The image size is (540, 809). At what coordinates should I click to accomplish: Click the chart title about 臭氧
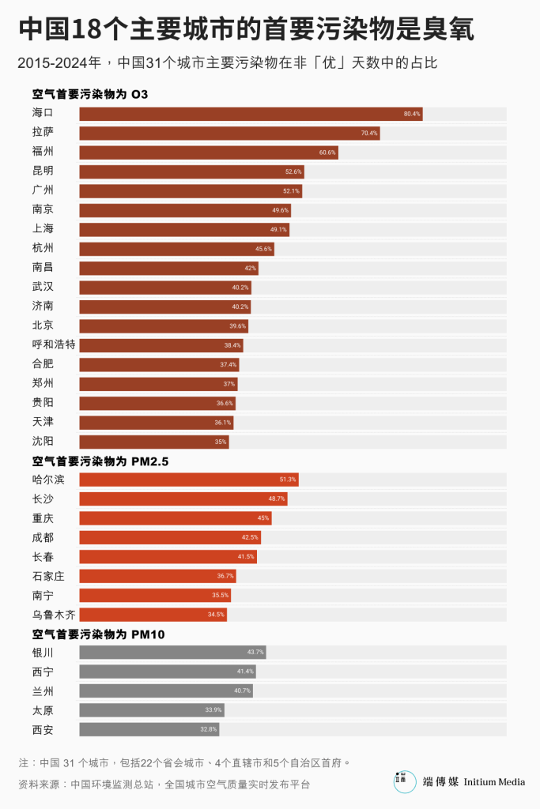[x=246, y=30]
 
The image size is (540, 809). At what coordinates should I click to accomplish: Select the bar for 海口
[x=251, y=114]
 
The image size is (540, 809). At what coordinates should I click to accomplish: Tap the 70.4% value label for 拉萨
[x=369, y=134]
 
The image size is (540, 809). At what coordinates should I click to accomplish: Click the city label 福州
[x=43, y=152]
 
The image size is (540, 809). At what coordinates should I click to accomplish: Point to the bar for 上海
[x=184, y=230]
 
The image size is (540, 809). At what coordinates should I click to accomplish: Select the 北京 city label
[x=43, y=325]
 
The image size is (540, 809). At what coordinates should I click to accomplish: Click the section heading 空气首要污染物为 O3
[x=90, y=94]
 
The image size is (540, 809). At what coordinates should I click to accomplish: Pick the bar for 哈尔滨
[x=189, y=480]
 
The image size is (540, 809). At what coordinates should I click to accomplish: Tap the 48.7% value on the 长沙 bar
[x=277, y=499]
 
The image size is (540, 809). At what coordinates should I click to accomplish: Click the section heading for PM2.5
[x=100, y=461]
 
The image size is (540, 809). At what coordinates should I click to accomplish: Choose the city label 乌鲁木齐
[x=54, y=614]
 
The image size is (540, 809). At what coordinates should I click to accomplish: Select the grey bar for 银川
[x=172, y=653]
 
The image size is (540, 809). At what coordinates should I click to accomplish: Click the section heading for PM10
[x=98, y=634]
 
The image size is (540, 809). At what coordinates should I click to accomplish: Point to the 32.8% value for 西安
[x=209, y=729]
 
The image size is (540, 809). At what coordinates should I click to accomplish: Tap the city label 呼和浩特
[x=54, y=344]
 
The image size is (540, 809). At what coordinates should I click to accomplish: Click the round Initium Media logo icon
[x=405, y=781]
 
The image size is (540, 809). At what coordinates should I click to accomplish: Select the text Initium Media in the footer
[x=494, y=782]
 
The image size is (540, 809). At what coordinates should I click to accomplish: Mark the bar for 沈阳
[x=154, y=442]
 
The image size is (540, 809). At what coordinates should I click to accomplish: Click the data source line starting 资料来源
[x=164, y=785]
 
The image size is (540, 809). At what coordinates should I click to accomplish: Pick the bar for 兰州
[x=166, y=691]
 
